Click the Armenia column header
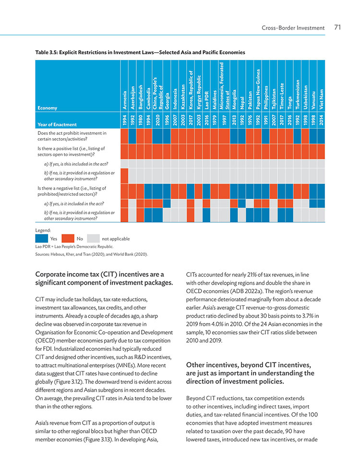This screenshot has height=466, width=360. click(x=124, y=100)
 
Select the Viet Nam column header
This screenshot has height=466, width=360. click(x=321, y=99)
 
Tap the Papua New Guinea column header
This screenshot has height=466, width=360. click(x=258, y=89)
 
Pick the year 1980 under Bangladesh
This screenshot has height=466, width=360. click(x=140, y=120)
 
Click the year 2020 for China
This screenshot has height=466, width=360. click(x=157, y=120)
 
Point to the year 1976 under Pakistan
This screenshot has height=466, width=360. click(x=250, y=120)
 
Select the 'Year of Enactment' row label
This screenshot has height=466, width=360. click(x=57, y=124)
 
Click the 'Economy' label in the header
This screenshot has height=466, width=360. click(x=47, y=108)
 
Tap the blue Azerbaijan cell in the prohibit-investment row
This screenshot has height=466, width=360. click(x=132, y=136)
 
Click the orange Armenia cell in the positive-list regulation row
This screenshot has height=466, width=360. click(x=124, y=176)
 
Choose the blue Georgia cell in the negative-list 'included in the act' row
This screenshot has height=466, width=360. click(x=167, y=203)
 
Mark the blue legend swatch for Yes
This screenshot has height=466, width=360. click(x=41, y=239)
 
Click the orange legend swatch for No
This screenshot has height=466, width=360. click(x=68, y=239)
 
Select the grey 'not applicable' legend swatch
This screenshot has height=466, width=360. click(x=93, y=239)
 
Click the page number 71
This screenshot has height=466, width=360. click(x=337, y=27)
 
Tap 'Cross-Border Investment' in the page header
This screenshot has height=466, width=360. click(x=293, y=28)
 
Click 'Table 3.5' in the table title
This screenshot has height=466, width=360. click(x=46, y=52)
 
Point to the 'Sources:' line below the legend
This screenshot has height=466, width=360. click(x=92, y=254)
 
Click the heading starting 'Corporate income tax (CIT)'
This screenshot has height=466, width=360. click(x=104, y=278)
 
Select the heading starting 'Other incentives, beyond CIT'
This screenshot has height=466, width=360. click(x=250, y=373)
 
